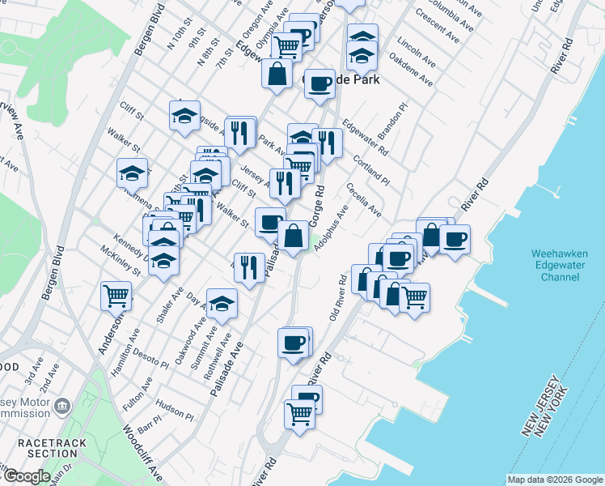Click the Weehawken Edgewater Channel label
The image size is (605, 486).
click(x=556, y=265)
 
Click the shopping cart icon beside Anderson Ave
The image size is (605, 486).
click(x=116, y=296)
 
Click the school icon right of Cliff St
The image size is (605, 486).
click(x=184, y=115)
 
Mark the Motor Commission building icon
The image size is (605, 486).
click(x=64, y=405)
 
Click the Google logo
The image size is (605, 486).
click(x=26, y=476)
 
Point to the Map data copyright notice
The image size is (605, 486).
click(x=554, y=480)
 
